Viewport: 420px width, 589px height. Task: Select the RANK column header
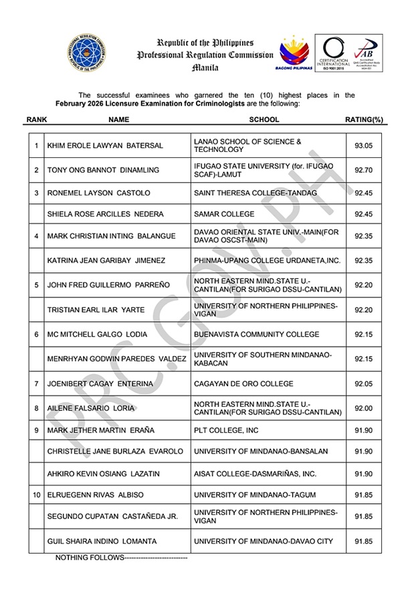(x=35, y=120)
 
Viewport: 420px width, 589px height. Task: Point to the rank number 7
(x=35, y=384)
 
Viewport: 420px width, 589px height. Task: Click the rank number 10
(x=36, y=495)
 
